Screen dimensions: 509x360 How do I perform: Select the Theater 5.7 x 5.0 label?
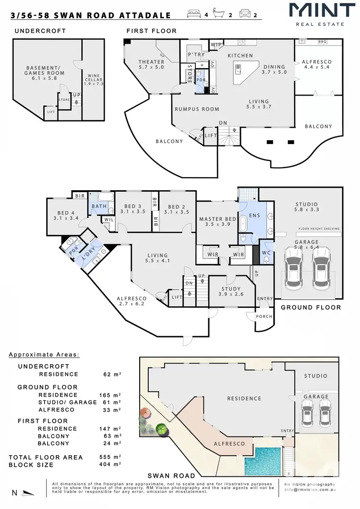151,65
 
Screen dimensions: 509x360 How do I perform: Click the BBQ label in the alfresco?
322,42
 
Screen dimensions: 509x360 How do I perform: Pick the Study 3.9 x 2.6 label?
230,291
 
